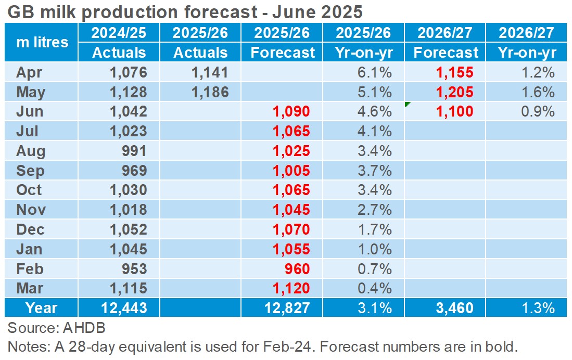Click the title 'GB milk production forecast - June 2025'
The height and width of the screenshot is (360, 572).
(x=185, y=11)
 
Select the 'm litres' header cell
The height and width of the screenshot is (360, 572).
(x=42, y=42)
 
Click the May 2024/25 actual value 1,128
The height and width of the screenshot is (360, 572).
(x=128, y=92)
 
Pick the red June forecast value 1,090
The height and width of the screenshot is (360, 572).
(x=291, y=111)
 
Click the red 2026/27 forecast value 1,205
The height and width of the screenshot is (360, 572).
(x=454, y=92)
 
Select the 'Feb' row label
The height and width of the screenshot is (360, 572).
(x=30, y=268)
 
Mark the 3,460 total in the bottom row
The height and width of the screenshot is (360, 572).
(x=454, y=308)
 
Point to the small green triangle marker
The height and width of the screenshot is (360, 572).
(x=408, y=106)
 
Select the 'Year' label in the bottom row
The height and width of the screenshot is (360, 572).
(x=42, y=308)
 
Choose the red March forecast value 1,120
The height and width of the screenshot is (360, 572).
(x=291, y=288)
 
